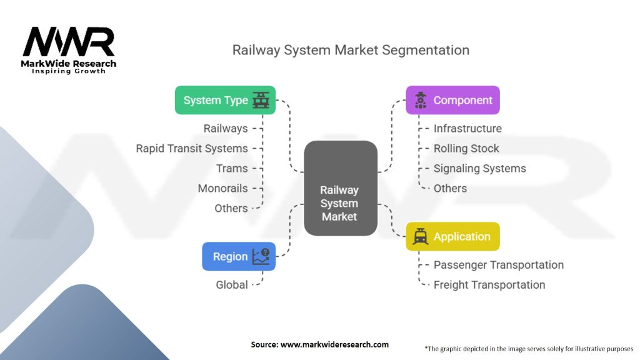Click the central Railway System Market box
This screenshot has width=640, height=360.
click(340, 188)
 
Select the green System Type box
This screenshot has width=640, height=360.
click(225, 100)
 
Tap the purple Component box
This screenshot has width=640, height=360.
click(452, 100)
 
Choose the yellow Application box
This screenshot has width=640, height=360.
click(452, 236)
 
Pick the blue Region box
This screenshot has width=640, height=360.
click(239, 256)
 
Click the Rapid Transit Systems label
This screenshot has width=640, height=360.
click(192, 148)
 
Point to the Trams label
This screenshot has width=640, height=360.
click(232, 168)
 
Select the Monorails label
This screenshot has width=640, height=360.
click(222, 188)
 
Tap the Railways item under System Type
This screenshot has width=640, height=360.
click(226, 128)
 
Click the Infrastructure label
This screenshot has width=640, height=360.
click(467, 128)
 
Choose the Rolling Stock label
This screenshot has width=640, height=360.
click(466, 148)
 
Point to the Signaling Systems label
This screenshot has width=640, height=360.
click(480, 168)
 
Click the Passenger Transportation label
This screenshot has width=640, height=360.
click(499, 264)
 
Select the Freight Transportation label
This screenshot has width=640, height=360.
click(489, 284)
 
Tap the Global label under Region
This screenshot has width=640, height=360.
click(232, 284)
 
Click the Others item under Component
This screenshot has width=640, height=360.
click(450, 188)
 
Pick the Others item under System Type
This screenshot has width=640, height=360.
click(231, 208)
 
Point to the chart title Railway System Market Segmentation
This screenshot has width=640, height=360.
click(351, 49)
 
